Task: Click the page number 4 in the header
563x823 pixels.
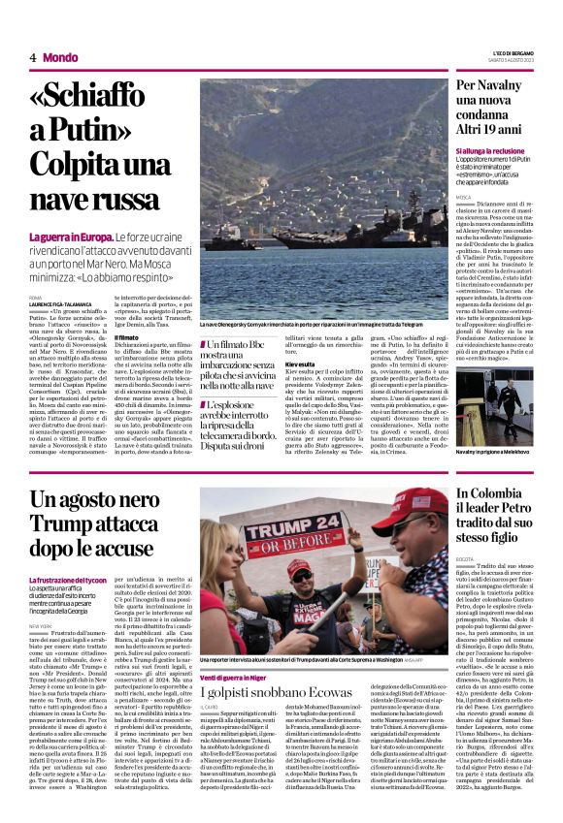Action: point(32,57)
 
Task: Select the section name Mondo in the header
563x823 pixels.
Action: point(61,57)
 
